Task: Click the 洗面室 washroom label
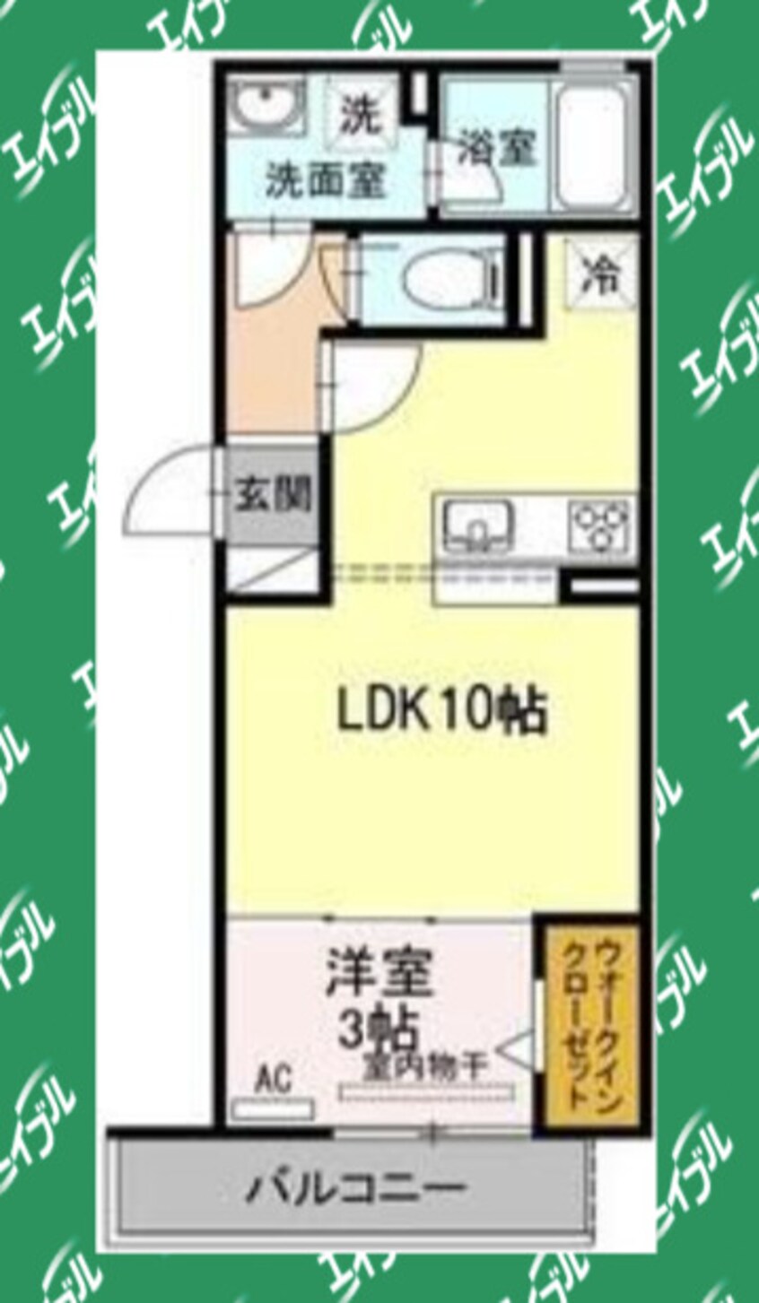326,182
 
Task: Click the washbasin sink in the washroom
266,108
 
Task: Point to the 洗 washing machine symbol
360,115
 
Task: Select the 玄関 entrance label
273,494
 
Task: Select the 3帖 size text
378,1030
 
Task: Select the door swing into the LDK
373,386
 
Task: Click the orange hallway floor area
269,350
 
